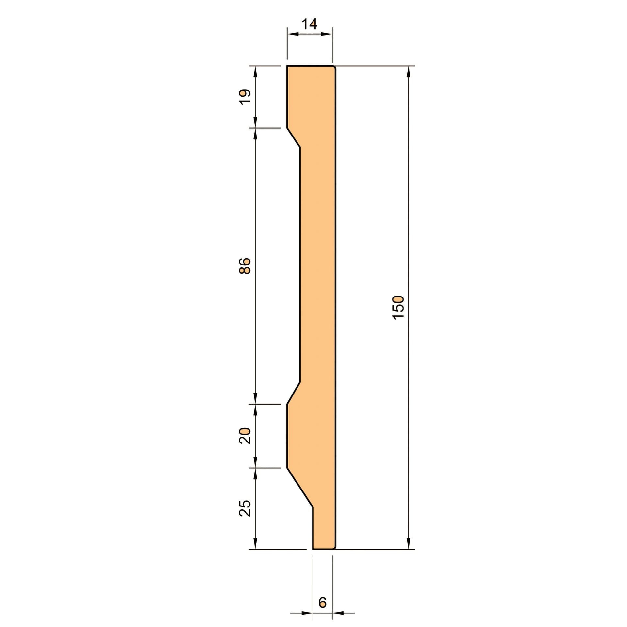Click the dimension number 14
click(309, 24)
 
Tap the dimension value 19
click(245, 97)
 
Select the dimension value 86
click(245, 266)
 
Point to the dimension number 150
click(399, 308)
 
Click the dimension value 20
click(245, 436)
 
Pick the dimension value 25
click(245, 508)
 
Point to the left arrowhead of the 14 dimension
click(293, 34)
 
